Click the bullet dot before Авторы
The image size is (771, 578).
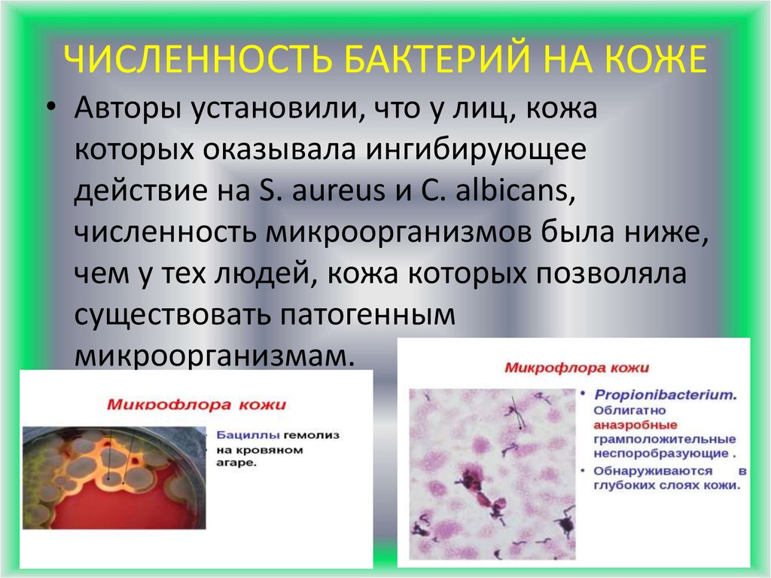pos(50,111)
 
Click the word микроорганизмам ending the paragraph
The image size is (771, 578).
pos(213,356)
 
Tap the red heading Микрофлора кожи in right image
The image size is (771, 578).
pos(577,369)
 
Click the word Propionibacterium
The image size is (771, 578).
pos(664,394)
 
